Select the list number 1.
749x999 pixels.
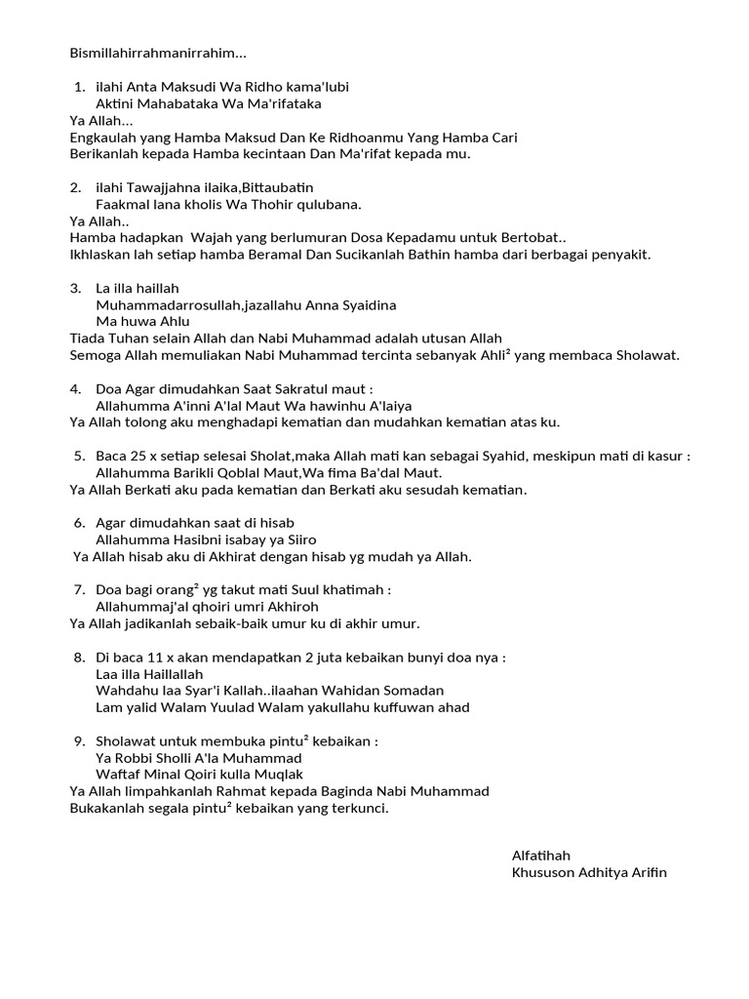click(x=78, y=87)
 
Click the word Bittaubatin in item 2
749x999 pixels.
click(x=279, y=187)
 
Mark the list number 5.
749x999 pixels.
click(x=78, y=456)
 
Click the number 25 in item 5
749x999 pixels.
click(x=136, y=456)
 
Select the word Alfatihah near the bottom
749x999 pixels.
click(x=541, y=856)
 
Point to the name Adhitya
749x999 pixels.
click(x=605, y=872)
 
